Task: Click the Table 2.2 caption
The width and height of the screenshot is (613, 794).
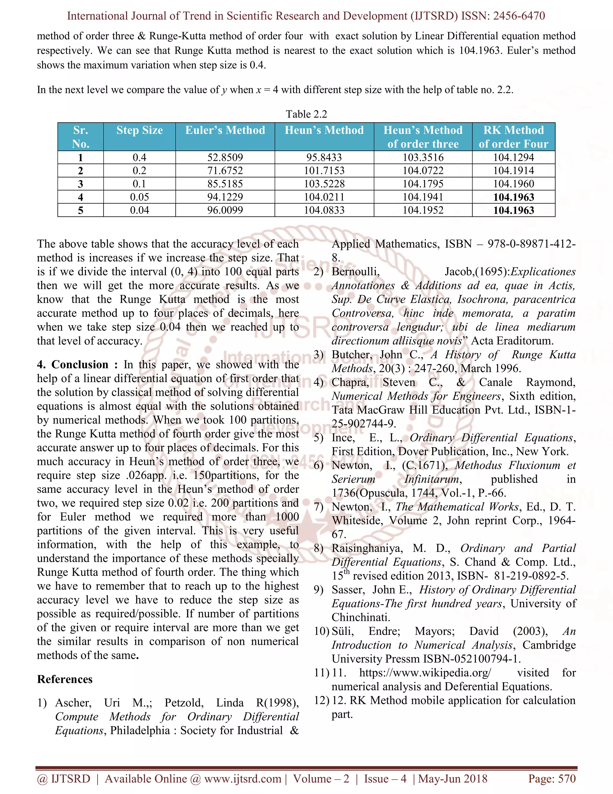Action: [x=306, y=114]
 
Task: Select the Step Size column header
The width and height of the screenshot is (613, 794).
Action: [x=139, y=130]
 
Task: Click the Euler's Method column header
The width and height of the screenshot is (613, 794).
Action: [x=225, y=130]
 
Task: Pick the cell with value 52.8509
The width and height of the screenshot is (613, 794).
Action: [x=225, y=157]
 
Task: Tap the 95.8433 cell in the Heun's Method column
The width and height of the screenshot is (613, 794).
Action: [x=324, y=157]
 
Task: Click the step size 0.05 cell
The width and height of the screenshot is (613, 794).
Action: [x=139, y=197]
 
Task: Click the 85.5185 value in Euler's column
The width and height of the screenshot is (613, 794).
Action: [x=225, y=184]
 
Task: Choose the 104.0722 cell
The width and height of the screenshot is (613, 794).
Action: [x=423, y=170]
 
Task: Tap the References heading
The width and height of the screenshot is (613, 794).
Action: [x=65, y=679]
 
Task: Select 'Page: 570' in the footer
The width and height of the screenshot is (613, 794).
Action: [x=552, y=778]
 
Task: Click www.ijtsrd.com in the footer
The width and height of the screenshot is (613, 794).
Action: [x=242, y=778]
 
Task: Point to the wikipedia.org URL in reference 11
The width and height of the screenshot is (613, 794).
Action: [x=425, y=673]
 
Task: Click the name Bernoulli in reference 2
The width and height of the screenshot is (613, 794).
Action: [x=356, y=271]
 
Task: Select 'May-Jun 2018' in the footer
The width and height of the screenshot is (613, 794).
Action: [x=453, y=778]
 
